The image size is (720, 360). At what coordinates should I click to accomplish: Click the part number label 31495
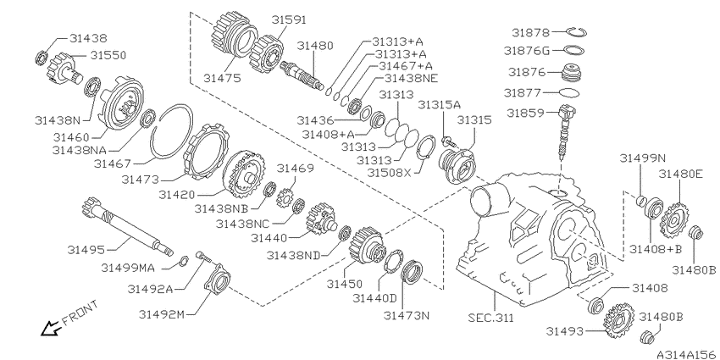[86, 249]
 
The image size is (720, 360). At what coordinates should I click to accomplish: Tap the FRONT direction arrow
[50, 328]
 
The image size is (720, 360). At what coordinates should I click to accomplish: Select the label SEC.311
[490, 318]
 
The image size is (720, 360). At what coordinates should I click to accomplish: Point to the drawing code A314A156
[685, 354]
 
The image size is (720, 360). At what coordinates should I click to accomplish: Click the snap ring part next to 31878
[575, 31]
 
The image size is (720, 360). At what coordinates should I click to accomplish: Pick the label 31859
[523, 113]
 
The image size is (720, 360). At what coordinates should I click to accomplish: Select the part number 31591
[289, 19]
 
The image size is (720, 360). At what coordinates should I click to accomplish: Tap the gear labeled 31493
[619, 320]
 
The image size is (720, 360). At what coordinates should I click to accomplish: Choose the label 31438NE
[411, 79]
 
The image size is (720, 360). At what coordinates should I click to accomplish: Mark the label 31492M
[162, 314]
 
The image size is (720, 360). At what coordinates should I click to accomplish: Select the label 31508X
[390, 172]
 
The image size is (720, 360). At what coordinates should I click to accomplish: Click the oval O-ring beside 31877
[569, 93]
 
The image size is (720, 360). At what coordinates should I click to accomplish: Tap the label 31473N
[407, 315]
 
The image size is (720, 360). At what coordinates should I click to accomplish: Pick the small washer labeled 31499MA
[183, 260]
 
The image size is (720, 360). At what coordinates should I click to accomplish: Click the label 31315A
[439, 105]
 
